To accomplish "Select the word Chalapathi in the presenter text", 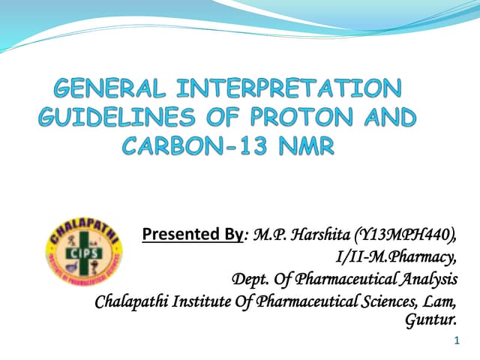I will (x=131, y=303).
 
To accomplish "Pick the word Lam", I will (x=441, y=303).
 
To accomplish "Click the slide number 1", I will (x=457, y=341).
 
